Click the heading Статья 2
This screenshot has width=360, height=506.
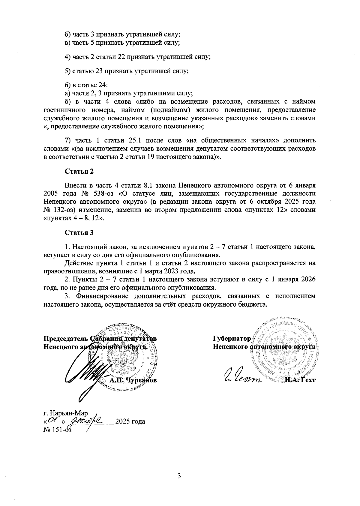[x=79, y=171]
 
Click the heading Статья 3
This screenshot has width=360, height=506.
[x=79, y=232]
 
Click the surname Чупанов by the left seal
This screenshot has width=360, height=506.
[x=141, y=380]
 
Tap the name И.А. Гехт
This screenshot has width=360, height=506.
[x=300, y=380]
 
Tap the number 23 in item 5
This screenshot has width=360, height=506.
[x=99, y=71]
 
